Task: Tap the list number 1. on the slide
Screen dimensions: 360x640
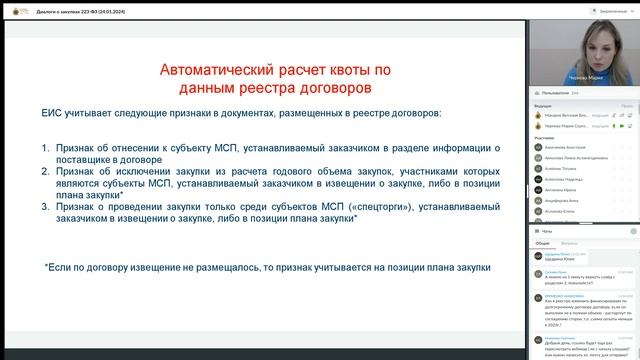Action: (x=46, y=148)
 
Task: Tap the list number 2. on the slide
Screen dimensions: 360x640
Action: (x=46, y=171)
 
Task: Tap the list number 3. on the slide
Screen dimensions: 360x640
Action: (x=46, y=206)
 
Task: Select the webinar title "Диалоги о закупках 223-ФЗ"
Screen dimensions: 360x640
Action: (x=75, y=8)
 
